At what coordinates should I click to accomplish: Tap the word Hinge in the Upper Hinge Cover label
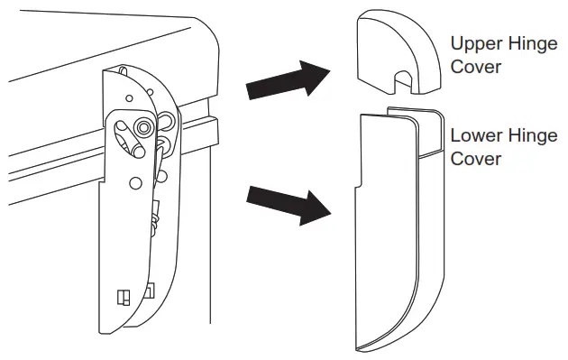pyautogui.click(x=534, y=44)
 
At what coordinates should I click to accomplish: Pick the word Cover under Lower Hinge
pyautogui.click(x=475, y=159)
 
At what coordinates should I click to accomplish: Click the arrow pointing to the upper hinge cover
pyautogui.click(x=286, y=79)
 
